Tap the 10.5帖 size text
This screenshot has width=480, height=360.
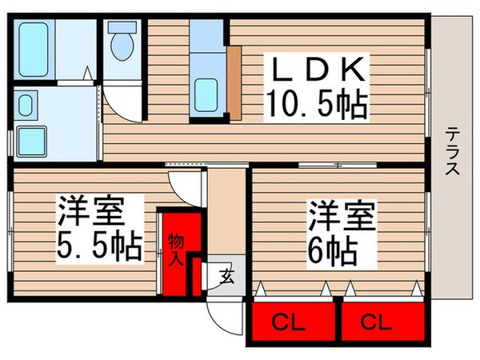(318, 104)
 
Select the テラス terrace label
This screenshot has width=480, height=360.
(452, 152)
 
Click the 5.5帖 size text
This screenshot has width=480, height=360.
(98, 245)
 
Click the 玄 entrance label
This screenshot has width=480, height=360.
(226, 278)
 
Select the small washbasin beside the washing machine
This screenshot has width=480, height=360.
(25, 106)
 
